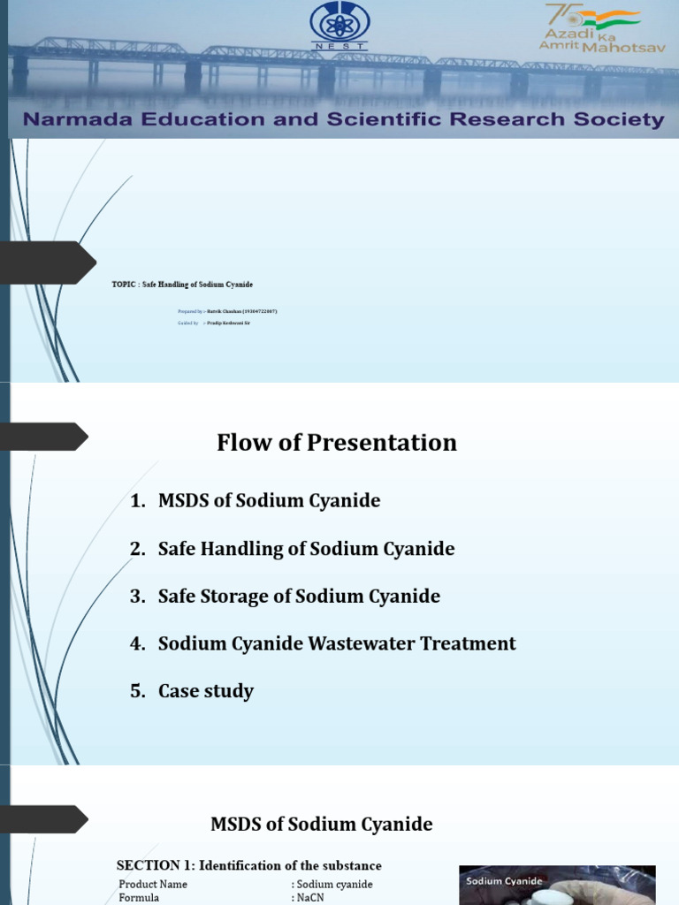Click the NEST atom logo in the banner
(340, 26)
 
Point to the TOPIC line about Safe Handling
(182, 284)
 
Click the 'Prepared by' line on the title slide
(233, 311)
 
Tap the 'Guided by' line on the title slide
(214, 323)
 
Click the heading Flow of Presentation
(337, 443)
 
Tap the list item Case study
(205, 691)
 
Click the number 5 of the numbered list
(136, 691)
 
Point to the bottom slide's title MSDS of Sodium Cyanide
(322, 825)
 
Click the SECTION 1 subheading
(249, 865)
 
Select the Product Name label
(153, 884)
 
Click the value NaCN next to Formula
(310, 898)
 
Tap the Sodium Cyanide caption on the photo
(503, 880)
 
